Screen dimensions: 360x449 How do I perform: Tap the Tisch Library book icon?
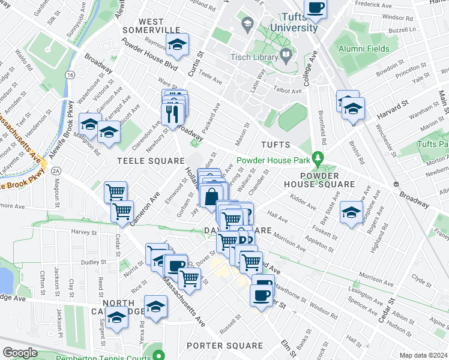click(286, 57)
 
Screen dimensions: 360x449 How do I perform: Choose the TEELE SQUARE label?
click(150, 161)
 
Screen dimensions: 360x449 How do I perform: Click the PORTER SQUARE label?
click(224, 346)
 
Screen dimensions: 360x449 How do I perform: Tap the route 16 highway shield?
click(71, 74)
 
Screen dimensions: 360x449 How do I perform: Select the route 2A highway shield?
click(56, 172)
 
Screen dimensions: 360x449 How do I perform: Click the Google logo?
click(19, 353)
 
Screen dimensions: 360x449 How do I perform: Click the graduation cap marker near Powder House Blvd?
click(177, 44)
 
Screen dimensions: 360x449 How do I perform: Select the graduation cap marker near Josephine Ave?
click(351, 212)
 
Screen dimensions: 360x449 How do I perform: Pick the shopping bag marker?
click(212, 196)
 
